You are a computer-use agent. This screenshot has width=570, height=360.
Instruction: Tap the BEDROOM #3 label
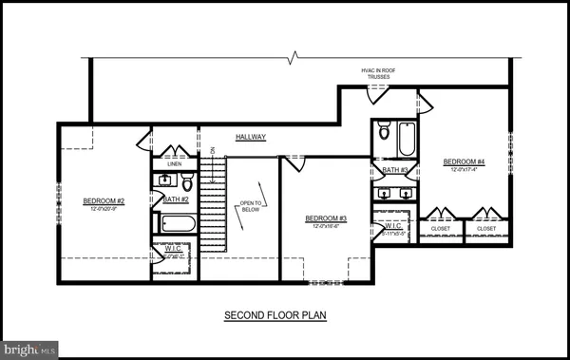[x=326, y=218]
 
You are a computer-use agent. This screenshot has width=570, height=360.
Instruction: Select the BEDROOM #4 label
[x=464, y=162]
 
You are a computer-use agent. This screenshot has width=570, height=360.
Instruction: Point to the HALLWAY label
[x=251, y=138]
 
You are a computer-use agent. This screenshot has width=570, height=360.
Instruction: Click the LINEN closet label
[x=174, y=163]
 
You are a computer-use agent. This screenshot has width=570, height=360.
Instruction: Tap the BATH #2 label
[x=177, y=199]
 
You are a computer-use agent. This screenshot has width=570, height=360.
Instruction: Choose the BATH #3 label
[x=395, y=171]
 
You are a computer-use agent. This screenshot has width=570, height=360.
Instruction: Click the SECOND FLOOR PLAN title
[x=275, y=314]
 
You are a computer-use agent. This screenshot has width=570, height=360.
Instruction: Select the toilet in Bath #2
[x=187, y=181]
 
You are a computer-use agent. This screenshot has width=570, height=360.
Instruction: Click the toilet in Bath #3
[x=383, y=132]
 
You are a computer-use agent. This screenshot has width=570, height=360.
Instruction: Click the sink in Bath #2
[x=161, y=180]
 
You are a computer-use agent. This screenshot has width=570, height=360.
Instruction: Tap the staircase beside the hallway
[x=216, y=204]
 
